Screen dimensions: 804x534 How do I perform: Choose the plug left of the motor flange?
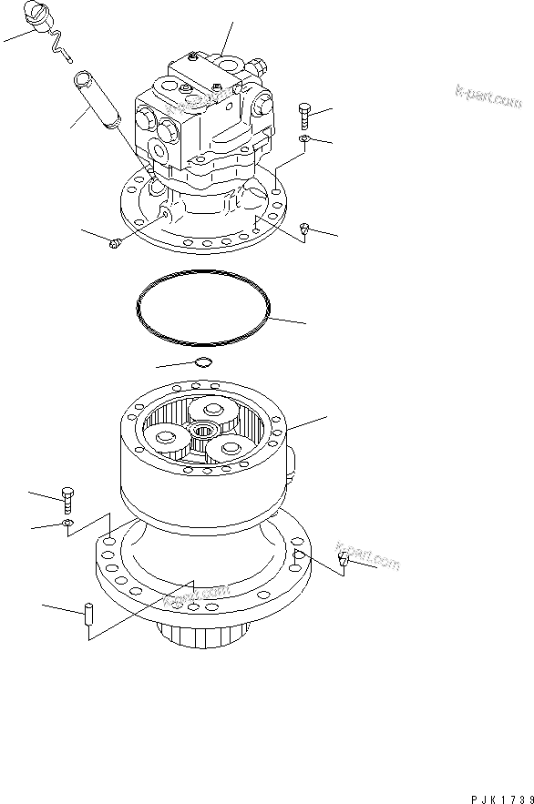click(116, 242)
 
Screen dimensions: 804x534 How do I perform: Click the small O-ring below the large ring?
click(204, 364)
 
